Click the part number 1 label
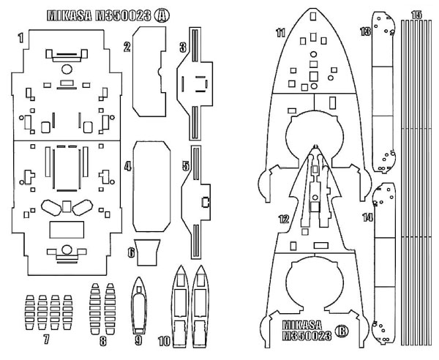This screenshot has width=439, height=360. [x=21, y=36]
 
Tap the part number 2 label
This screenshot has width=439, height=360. [x=127, y=48]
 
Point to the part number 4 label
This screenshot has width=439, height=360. [x=127, y=167]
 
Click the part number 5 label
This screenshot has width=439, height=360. [x=186, y=167]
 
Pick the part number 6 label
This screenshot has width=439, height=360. [x=131, y=253]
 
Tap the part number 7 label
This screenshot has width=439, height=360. [x=46, y=339]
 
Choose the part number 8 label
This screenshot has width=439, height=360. [x=103, y=340]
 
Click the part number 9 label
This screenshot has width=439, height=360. [x=138, y=340]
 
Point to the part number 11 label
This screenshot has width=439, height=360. [x=280, y=33]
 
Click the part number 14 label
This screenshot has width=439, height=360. [x=367, y=217]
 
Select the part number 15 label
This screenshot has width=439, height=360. [x=416, y=15]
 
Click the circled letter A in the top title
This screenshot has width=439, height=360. [x=160, y=15]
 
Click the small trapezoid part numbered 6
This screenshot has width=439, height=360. [x=149, y=251]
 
